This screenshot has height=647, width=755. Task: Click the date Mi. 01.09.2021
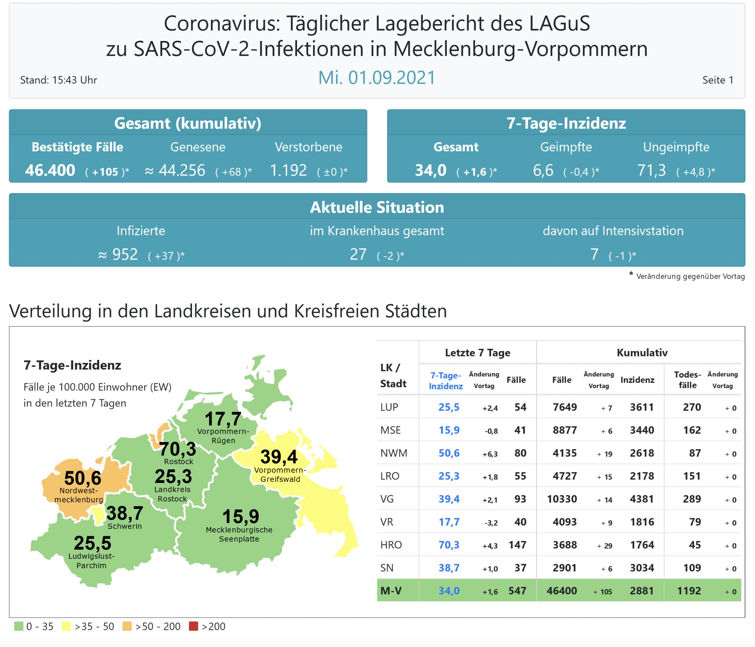377,78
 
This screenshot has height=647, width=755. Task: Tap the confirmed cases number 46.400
50,171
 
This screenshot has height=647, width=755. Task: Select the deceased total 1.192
288,171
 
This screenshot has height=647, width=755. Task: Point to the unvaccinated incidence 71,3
651,171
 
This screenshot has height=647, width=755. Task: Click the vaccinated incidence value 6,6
543,171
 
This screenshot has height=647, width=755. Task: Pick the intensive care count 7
594,255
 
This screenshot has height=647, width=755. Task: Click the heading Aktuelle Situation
377,207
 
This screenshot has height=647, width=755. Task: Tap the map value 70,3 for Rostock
177,449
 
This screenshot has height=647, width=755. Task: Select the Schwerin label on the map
125,526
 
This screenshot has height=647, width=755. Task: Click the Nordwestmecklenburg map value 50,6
83,478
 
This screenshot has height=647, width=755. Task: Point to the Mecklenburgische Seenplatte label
239,534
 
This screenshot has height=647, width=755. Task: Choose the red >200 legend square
194,626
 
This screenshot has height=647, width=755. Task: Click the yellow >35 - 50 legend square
66,626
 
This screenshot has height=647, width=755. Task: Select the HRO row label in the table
391,545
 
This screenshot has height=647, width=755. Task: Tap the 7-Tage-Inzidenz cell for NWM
449,453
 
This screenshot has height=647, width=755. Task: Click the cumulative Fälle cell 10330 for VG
562,499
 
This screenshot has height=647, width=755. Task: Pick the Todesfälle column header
688,380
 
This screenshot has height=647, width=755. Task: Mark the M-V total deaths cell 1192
689,591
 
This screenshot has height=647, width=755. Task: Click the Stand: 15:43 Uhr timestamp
59,80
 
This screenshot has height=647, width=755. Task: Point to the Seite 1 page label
718,80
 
